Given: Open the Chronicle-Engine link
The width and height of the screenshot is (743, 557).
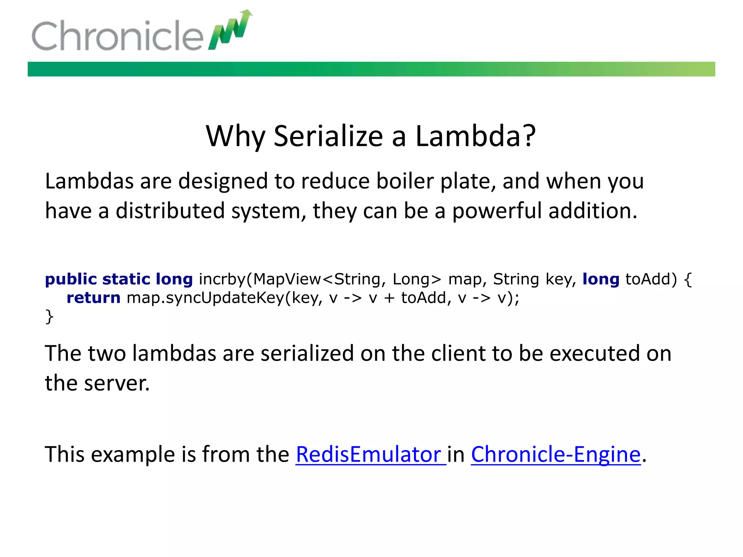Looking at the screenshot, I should tap(555, 454).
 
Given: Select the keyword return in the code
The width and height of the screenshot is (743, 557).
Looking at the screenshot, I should tap(93, 298).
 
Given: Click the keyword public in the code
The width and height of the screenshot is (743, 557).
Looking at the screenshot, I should tap(71, 279).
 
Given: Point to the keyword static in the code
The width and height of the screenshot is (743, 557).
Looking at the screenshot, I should tap(126, 279).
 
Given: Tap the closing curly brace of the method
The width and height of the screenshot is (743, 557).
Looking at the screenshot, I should tap(49, 317).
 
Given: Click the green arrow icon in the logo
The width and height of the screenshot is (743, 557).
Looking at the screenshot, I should tap(231, 30).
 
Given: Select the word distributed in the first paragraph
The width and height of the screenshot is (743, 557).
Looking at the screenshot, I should tap(170, 211).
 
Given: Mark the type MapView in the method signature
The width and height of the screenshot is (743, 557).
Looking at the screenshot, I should tap(287, 279).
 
